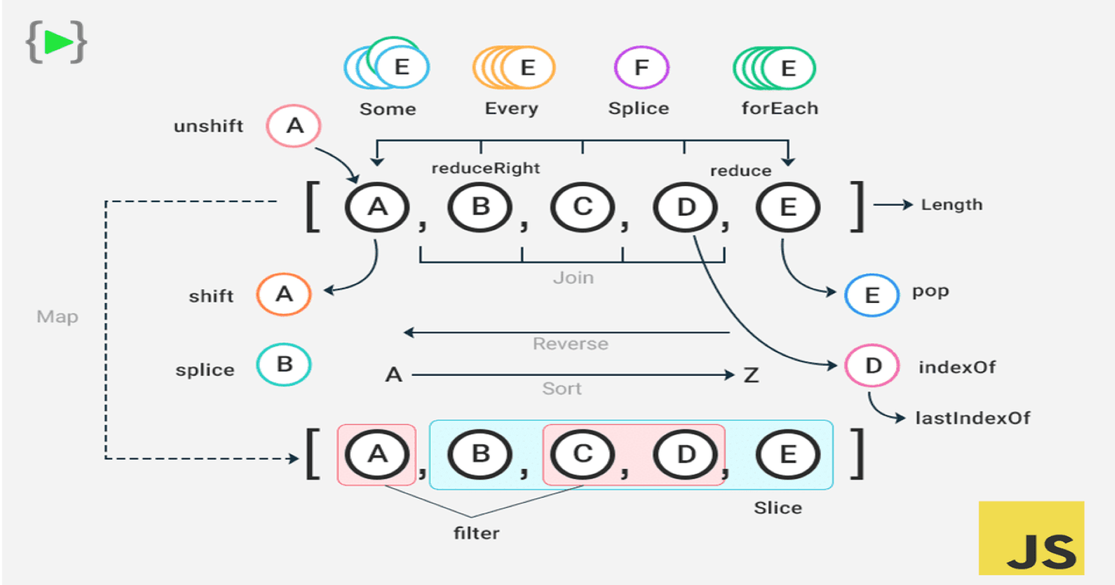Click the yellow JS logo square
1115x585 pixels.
(1031, 538)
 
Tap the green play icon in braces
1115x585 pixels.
(56, 42)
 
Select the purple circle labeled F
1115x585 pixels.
(641, 68)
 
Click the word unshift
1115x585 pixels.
(208, 126)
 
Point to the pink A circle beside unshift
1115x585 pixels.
(293, 126)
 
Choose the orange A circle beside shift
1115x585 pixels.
(284, 295)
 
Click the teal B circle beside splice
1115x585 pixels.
(284, 364)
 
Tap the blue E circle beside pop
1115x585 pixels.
(872, 295)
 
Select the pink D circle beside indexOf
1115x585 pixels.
(872, 366)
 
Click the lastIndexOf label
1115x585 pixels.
(972, 418)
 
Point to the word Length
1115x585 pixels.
(951, 205)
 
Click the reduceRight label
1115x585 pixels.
(486, 168)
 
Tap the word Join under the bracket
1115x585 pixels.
(574, 278)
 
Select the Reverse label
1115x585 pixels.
(570, 344)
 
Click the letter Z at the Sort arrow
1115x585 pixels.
(751, 375)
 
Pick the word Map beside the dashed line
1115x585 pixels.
(57, 317)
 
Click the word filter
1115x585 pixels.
(476, 533)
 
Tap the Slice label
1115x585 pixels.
(778, 508)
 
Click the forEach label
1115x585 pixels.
(780, 109)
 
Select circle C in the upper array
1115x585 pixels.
(583, 207)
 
